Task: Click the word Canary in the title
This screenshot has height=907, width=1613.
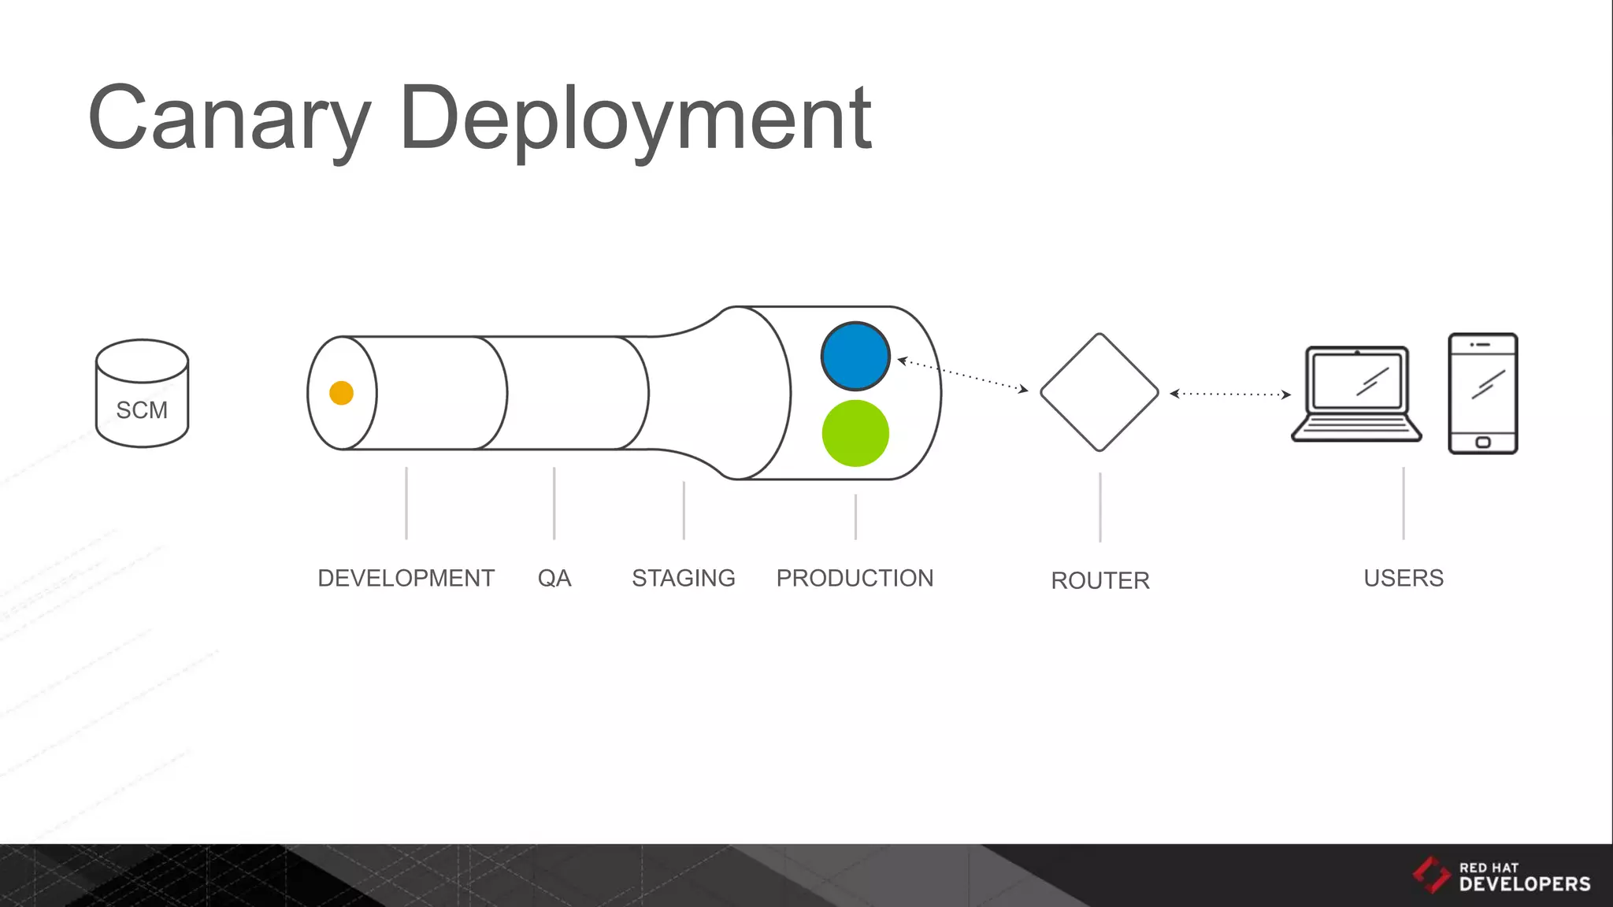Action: tap(228, 118)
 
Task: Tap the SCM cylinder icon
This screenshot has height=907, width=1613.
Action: tap(142, 394)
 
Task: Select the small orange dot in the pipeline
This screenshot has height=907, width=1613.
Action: tap(341, 392)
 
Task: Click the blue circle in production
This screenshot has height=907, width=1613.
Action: tap(855, 356)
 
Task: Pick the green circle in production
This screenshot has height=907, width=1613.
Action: tap(855, 433)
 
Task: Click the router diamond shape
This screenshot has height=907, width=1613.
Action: tap(1099, 392)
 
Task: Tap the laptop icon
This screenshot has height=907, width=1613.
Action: tap(1356, 394)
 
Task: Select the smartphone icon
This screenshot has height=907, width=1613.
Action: tap(1482, 393)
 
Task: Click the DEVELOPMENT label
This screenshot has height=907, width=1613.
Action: tap(406, 578)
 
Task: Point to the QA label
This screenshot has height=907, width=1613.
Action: tap(554, 578)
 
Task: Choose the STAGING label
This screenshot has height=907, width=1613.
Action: tap(683, 578)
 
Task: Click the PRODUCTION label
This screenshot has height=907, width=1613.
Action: tap(855, 578)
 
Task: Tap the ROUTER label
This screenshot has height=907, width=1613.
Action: tap(1100, 580)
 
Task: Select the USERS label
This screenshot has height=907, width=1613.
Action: tap(1403, 578)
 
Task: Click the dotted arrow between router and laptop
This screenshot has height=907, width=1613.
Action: tap(1229, 394)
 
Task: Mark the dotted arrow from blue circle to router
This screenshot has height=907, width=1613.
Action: tap(962, 375)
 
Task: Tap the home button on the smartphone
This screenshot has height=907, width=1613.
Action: tap(1482, 442)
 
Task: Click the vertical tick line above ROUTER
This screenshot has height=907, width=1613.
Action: tap(1100, 507)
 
